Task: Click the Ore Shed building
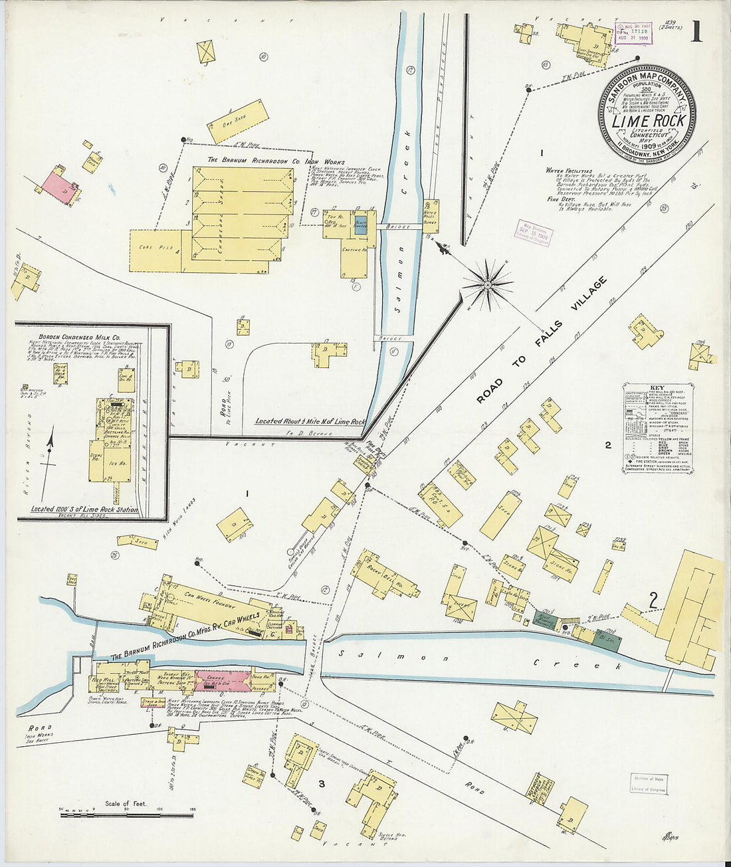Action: pos(237,121)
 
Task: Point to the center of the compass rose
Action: pos(488,285)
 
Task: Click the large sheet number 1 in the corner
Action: pos(696,31)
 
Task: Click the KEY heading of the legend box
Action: pos(657,387)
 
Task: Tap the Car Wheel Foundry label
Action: pos(207,596)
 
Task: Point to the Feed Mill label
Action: pos(106,680)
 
